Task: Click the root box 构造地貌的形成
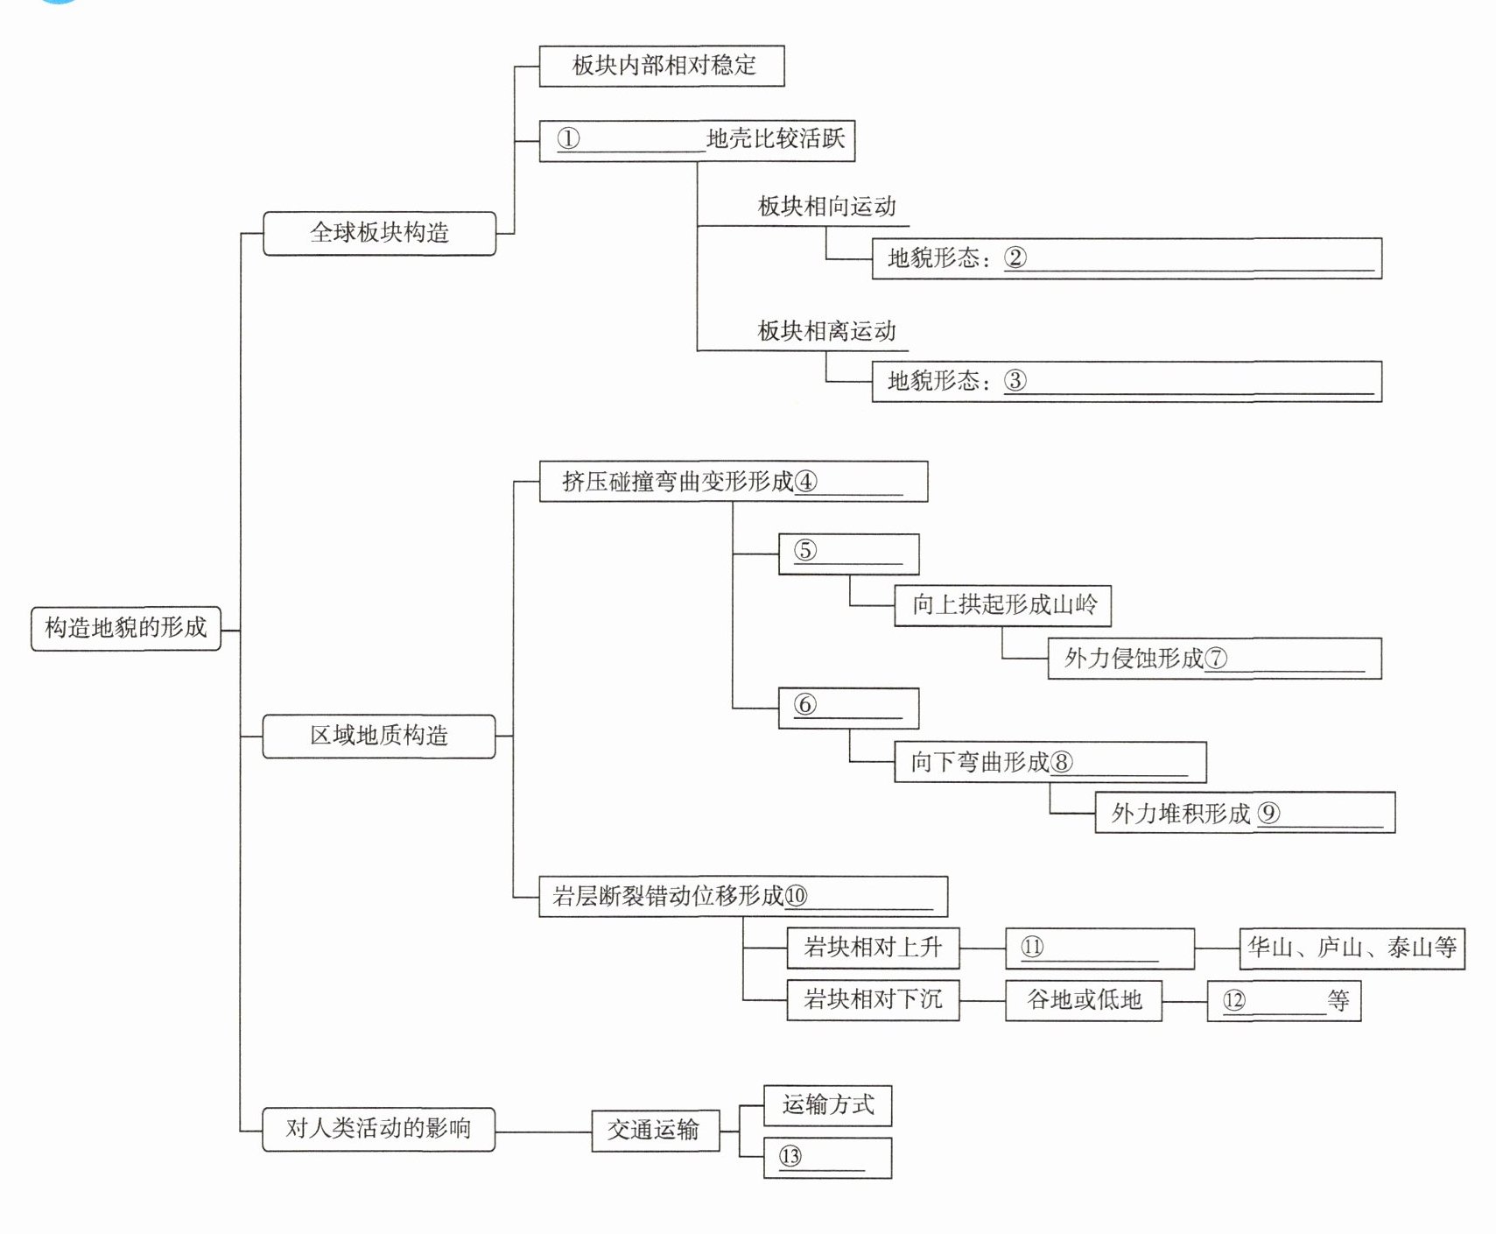[125, 628]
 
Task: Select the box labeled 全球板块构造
[379, 233]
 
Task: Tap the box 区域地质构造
[379, 736]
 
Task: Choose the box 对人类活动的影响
[378, 1129]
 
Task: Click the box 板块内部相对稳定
[661, 66]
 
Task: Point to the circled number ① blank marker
[568, 139]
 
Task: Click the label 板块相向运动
[826, 207]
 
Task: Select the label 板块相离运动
[826, 331]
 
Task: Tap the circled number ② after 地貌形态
[1015, 257]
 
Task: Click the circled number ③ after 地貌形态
[1015, 381]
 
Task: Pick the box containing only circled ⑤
[848, 554]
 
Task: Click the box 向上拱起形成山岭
[1002, 605]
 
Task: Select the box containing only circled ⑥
[848, 708]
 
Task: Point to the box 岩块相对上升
[873, 948]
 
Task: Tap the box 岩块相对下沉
[873, 999]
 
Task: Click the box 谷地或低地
[1083, 999]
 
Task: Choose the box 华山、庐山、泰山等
[1352, 948]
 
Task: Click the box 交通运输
[655, 1130]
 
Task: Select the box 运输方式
[827, 1105]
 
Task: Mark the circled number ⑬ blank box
[827, 1157]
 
